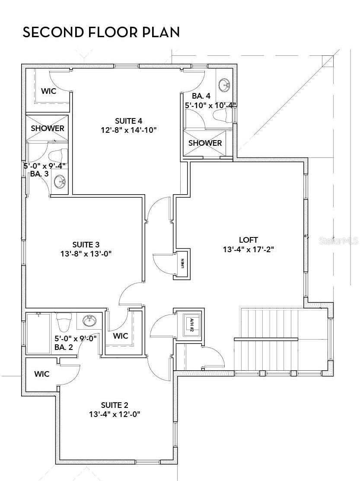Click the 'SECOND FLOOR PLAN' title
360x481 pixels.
tap(101, 32)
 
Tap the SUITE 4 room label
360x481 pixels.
tap(128, 121)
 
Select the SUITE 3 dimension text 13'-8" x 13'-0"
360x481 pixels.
tap(86, 254)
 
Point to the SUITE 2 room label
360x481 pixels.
tap(115, 405)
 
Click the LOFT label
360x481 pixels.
tap(248, 240)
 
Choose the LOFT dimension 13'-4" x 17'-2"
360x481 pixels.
tap(248, 249)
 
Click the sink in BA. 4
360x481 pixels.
tap(224, 85)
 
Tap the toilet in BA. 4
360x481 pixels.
tap(223, 115)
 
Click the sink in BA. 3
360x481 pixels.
tap(60, 182)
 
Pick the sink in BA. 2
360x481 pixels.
tap(90, 321)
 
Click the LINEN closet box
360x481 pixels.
tap(182, 263)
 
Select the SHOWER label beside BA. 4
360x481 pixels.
tap(205, 143)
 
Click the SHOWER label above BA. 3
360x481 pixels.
tap(47, 128)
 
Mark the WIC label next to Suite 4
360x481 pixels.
tap(48, 91)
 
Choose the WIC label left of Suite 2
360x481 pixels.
tap(41, 374)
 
